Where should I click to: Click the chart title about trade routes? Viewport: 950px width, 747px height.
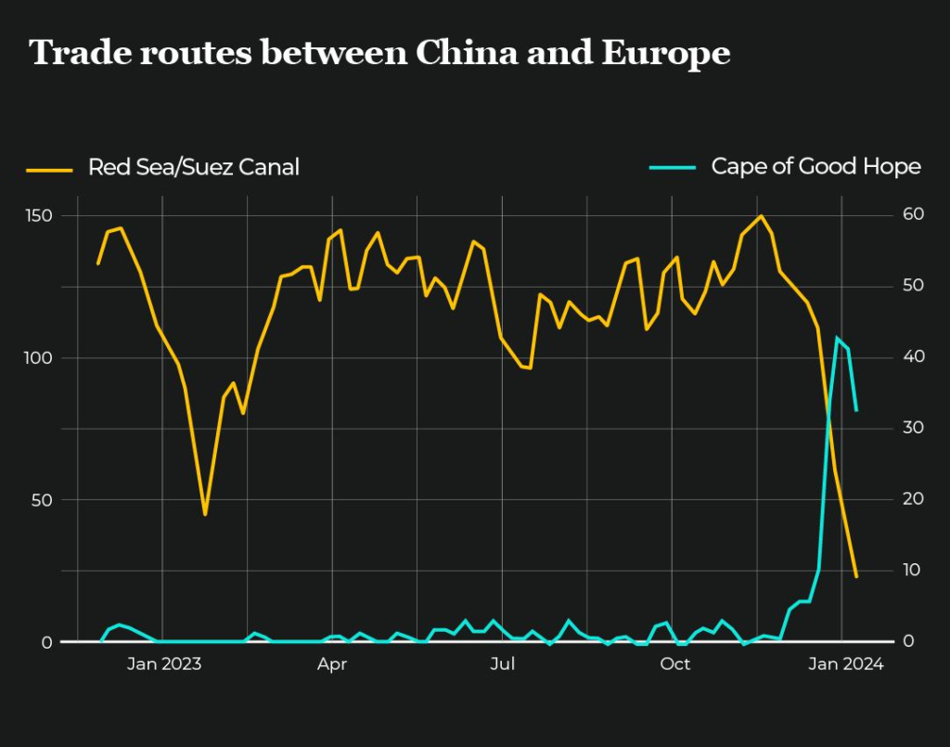pos(380,54)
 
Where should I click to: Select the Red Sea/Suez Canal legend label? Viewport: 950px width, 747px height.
pos(193,167)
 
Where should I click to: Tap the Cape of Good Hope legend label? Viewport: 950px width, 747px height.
pos(815,167)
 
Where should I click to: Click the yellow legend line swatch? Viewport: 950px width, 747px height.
pos(49,169)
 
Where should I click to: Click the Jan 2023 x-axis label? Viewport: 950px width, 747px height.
pos(163,663)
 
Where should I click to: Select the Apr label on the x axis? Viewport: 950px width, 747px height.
pos(331,663)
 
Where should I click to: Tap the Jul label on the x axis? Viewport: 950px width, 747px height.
pos(502,663)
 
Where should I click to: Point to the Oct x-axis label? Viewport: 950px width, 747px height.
pos(674,663)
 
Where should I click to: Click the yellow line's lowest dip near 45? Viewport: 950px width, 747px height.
pos(205,514)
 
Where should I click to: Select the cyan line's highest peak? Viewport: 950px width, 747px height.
pos(837,338)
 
